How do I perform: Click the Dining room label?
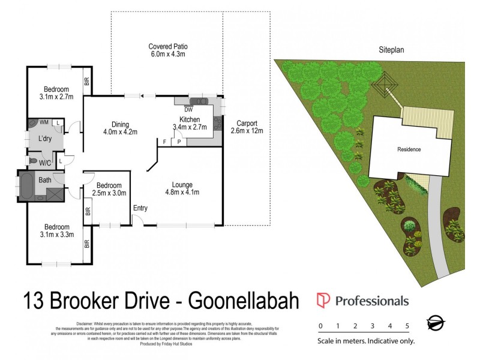point(120,127)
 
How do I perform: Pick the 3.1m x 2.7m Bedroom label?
point(55,93)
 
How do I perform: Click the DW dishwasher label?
point(188,110)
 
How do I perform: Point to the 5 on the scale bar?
point(407,326)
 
